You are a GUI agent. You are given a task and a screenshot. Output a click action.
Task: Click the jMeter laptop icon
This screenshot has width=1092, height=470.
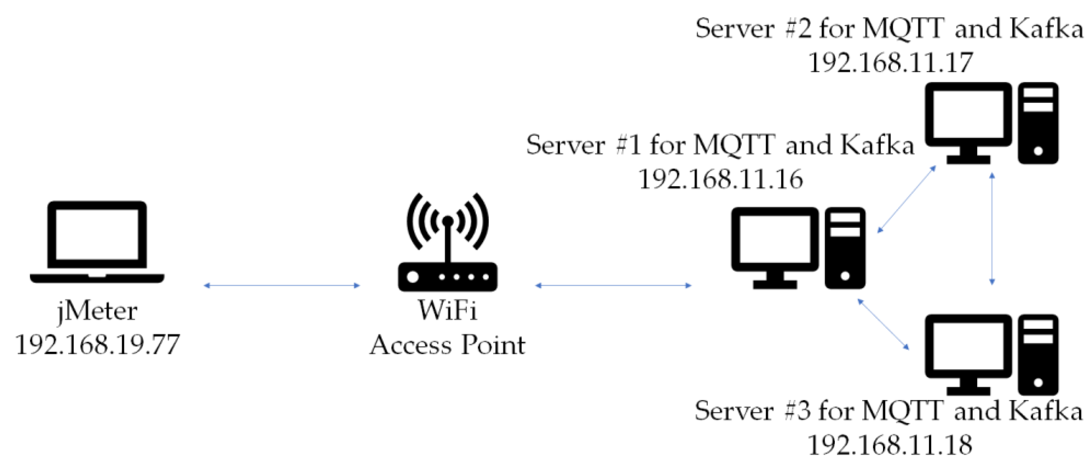(97, 242)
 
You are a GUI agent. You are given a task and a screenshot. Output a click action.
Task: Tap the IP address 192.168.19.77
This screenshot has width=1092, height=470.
(97, 345)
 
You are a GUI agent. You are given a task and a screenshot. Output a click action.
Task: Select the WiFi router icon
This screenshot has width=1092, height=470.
(448, 244)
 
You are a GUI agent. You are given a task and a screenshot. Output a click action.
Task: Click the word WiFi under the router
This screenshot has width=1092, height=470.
(448, 310)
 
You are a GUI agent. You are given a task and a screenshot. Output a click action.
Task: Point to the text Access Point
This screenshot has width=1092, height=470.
(448, 345)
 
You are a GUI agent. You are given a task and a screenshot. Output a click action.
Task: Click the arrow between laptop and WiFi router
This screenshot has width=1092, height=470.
(282, 286)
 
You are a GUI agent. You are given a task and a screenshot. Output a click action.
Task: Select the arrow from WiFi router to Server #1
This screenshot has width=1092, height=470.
(613, 286)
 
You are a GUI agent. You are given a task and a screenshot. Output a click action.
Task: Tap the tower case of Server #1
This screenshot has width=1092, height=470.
(845, 248)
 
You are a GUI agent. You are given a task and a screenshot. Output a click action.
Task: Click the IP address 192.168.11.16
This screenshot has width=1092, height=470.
(721, 179)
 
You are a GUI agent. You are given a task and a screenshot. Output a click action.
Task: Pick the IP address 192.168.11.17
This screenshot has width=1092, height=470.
(890, 63)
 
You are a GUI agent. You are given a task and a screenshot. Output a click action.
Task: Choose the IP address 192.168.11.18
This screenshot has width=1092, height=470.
(890, 445)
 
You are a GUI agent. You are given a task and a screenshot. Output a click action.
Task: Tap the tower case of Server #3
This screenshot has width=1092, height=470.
(1038, 354)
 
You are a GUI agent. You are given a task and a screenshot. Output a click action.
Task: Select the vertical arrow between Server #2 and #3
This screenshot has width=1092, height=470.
(992, 228)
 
